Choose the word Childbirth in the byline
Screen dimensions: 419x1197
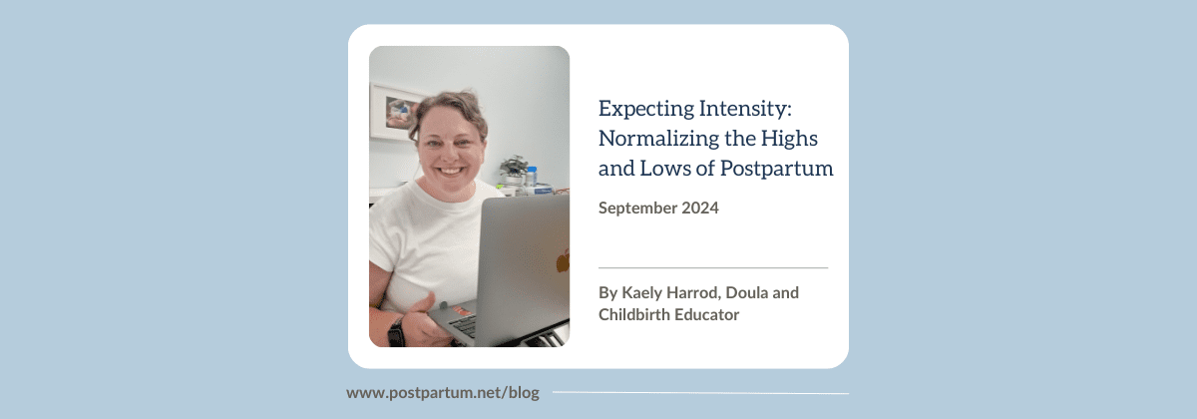[x=636, y=315]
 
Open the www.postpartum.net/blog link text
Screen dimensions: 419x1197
[x=442, y=393]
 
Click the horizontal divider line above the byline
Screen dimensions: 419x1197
[x=713, y=267]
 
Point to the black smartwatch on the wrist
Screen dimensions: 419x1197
[x=396, y=332]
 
